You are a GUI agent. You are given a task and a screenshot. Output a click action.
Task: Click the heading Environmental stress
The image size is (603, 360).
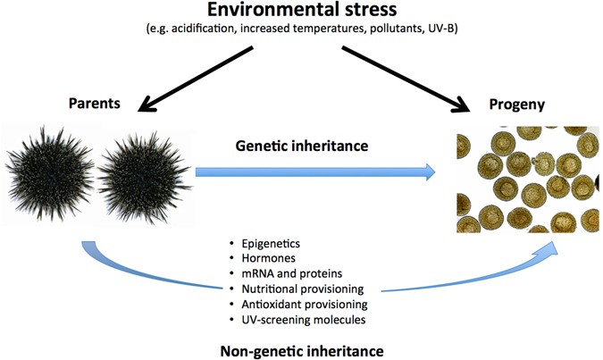click(x=302, y=13)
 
